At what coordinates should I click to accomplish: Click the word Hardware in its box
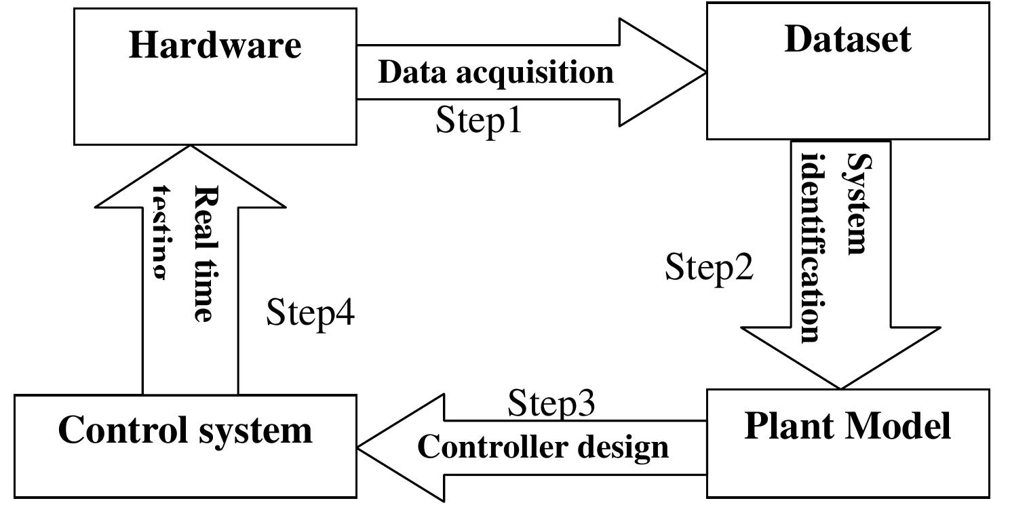215,45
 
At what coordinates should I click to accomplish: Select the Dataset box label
847,39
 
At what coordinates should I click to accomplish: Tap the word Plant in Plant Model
787,426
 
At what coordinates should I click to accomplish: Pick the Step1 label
478,120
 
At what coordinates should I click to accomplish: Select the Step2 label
709,267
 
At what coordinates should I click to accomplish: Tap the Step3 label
551,403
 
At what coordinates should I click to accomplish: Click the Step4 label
310,313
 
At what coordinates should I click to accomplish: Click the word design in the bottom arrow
627,448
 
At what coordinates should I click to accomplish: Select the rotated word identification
815,248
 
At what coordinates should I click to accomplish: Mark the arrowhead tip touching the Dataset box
706,72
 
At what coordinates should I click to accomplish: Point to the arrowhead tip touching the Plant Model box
840,388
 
